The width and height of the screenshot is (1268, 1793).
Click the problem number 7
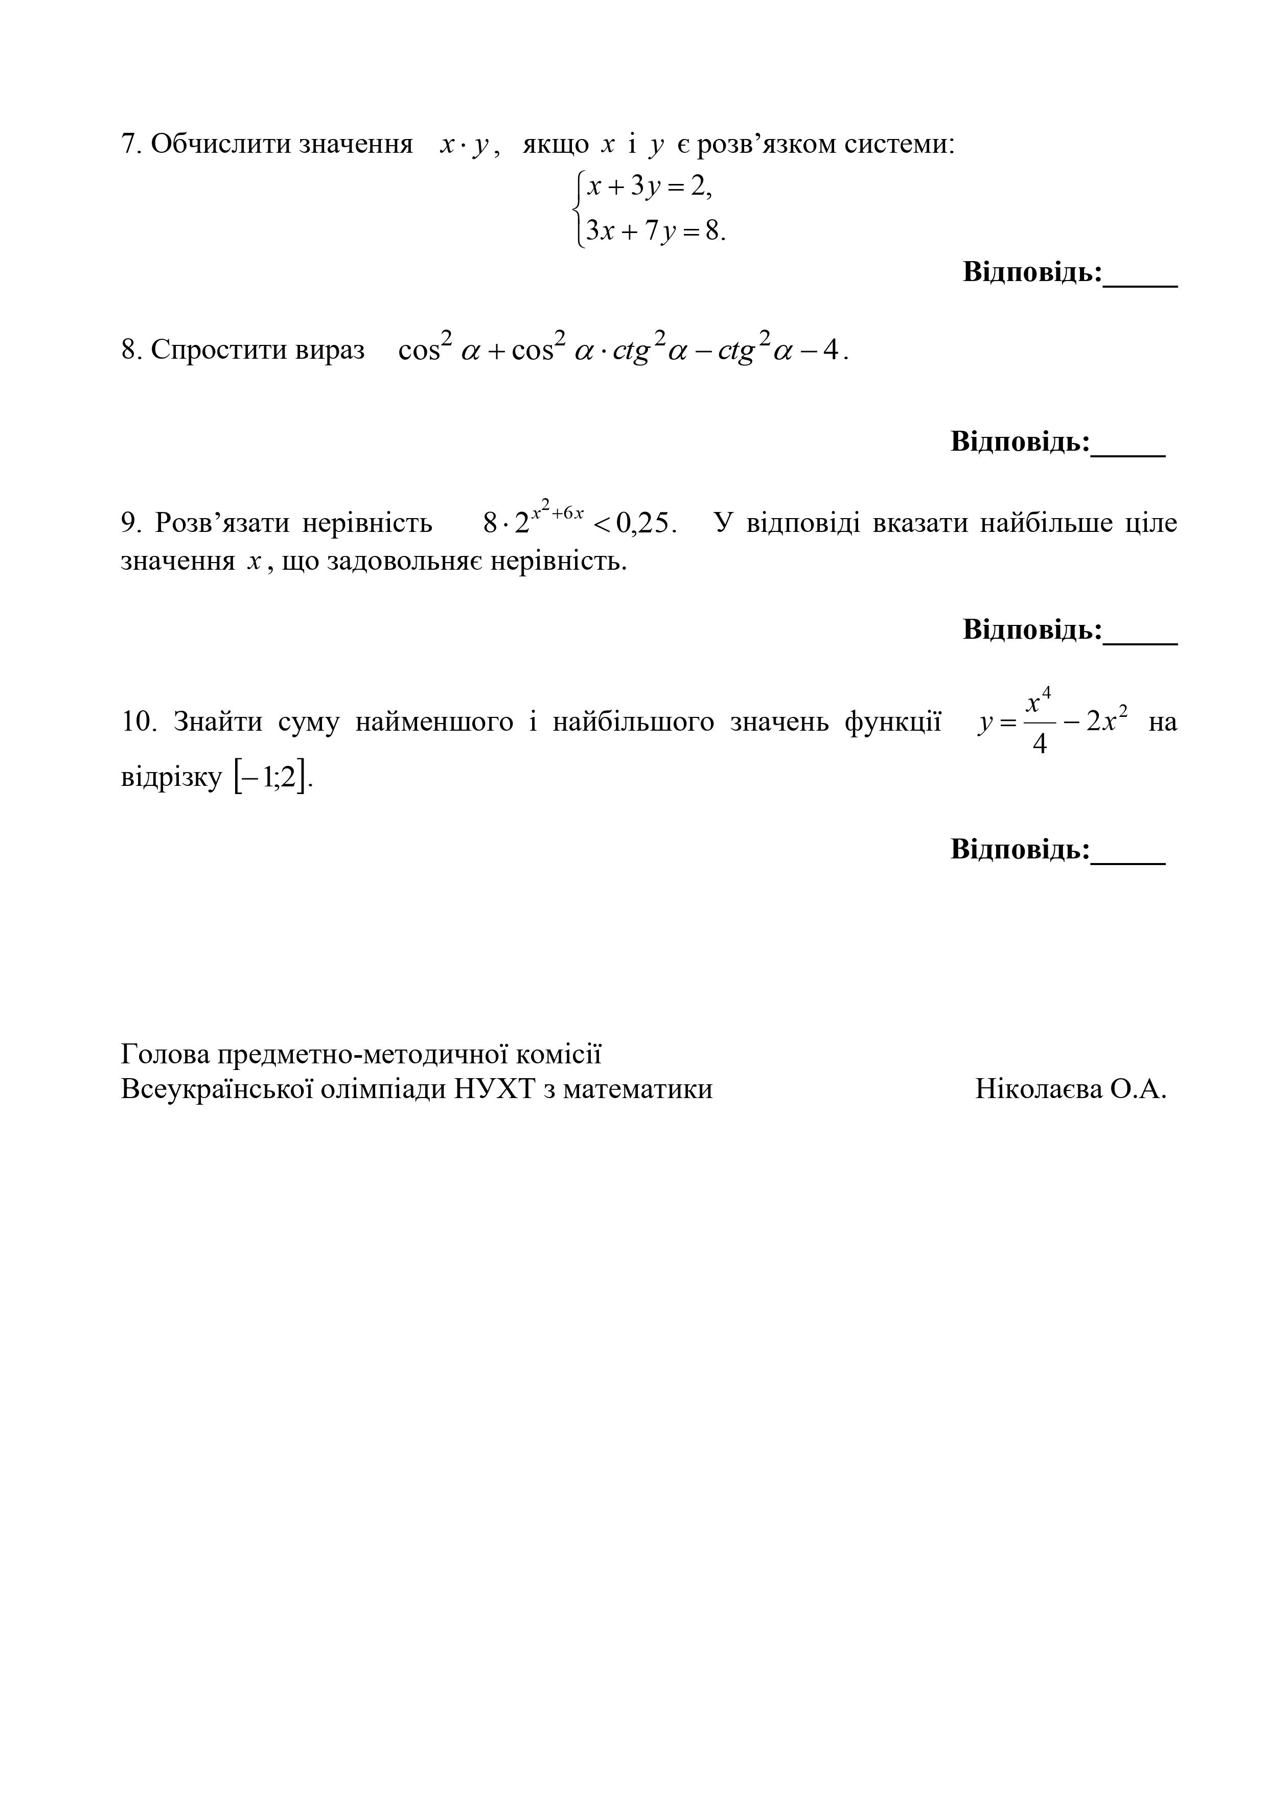click(129, 145)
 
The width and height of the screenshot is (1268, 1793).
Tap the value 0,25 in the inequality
click(643, 523)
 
